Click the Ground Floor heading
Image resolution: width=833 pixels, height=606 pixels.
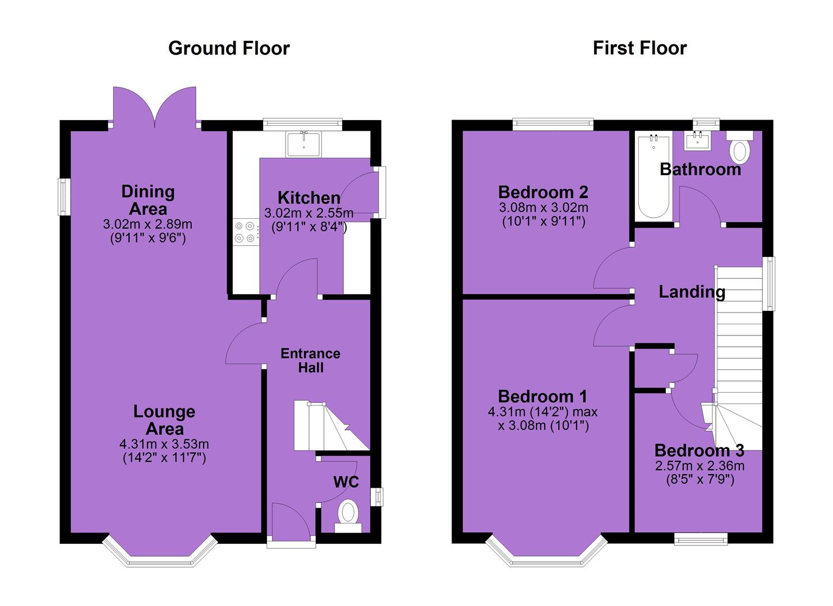tap(229, 48)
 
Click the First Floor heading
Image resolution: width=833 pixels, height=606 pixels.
tap(639, 48)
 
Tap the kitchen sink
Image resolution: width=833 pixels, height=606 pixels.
tap(304, 144)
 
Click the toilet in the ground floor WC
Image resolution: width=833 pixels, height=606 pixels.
tap(348, 517)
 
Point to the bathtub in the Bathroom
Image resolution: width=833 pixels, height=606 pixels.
tap(653, 177)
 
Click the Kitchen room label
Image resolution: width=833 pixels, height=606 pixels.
tap(309, 198)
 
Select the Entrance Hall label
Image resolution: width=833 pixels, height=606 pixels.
tap(311, 360)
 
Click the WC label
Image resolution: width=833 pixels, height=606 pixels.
tap(346, 482)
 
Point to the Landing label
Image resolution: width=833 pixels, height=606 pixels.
tap(692, 292)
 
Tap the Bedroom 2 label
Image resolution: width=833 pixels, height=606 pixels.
tap(543, 192)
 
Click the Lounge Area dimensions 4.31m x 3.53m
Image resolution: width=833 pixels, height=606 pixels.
tap(164, 444)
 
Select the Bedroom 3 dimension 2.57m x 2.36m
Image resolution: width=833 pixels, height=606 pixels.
tap(700, 466)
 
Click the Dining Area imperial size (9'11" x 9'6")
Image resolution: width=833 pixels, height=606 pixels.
tap(148, 238)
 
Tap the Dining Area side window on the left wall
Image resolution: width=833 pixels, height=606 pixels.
tap(65, 197)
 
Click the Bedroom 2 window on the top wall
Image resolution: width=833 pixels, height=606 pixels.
tap(553, 124)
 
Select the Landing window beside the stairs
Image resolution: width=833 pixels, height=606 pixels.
tap(769, 284)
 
